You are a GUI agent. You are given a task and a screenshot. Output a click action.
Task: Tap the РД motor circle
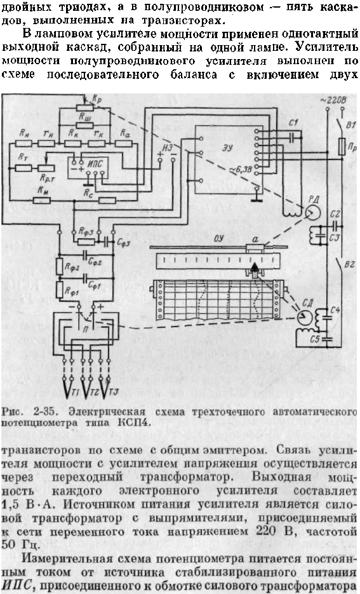[313, 213]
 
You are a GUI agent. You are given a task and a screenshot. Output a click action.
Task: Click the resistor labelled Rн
[24, 144]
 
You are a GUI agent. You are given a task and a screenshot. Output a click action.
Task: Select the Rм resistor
[42, 200]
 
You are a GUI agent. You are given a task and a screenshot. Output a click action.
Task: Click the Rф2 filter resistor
[60, 267]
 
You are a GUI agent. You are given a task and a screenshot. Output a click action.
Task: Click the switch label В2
[349, 264]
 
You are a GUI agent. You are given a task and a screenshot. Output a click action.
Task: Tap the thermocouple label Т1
[76, 394]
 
